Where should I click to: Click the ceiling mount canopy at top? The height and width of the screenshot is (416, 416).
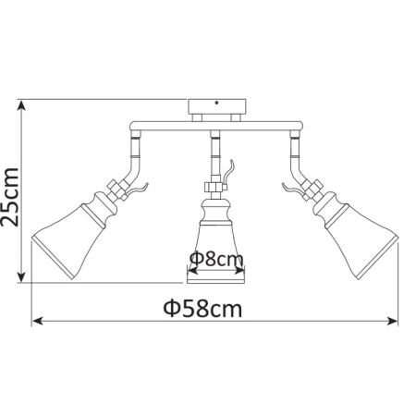pyautogui.click(x=216, y=108)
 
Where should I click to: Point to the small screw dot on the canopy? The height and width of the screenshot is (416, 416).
pyautogui.click(x=218, y=104)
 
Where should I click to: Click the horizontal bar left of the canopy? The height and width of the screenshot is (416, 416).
pyautogui.click(x=162, y=126)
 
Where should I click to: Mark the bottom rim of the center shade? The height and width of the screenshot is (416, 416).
pyautogui.click(x=216, y=277)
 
